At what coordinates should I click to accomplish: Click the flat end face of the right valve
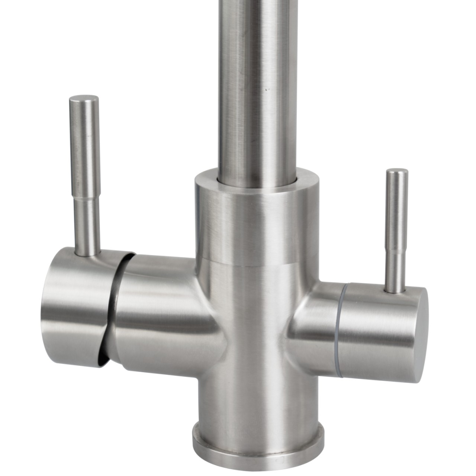pos(416,327)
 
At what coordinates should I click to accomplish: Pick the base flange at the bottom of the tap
pos(258,457)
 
